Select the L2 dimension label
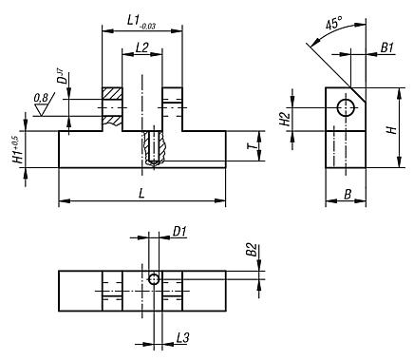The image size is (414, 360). click(141, 46)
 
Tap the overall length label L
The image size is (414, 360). click(141, 193)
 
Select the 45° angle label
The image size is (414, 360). click(333, 25)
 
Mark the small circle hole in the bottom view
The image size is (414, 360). click(153, 278)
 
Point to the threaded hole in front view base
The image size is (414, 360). click(153, 149)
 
